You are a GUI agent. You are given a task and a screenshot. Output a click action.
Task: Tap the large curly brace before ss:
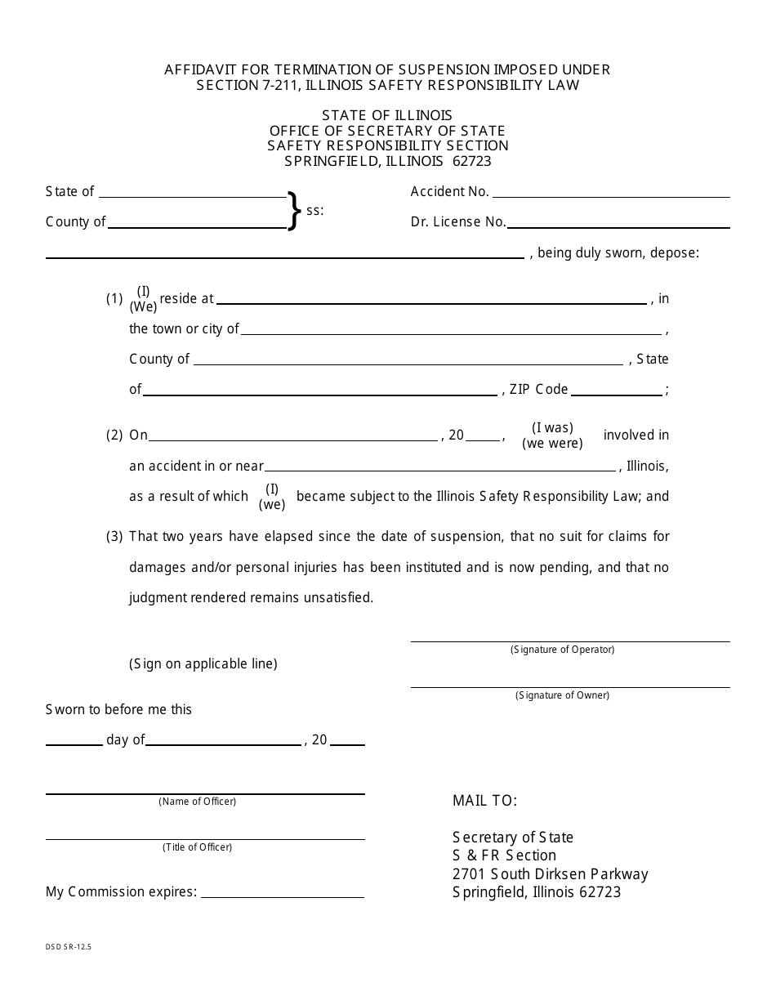[x=294, y=210]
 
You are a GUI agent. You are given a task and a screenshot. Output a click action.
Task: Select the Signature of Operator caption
[x=562, y=650]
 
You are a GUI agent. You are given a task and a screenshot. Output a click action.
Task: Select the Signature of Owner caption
[x=562, y=695]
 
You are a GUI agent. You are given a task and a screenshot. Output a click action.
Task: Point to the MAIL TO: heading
[x=485, y=801]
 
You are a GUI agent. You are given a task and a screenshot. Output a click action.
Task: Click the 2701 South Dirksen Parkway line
[x=550, y=874]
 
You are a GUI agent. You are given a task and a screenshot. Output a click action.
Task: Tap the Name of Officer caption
[x=197, y=802]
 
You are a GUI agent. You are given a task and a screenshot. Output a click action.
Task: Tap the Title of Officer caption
[x=197, y=847]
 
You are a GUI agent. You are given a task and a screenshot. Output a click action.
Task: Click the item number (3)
[x=114, y=537]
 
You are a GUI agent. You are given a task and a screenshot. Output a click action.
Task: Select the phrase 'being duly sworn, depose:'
[x=618, y=253]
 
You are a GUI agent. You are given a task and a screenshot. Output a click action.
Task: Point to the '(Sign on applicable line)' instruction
[x=203, y=664]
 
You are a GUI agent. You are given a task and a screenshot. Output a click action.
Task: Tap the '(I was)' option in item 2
[x=552, y=427]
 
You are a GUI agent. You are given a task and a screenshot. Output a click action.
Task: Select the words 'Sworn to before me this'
[x=118, y=710]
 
